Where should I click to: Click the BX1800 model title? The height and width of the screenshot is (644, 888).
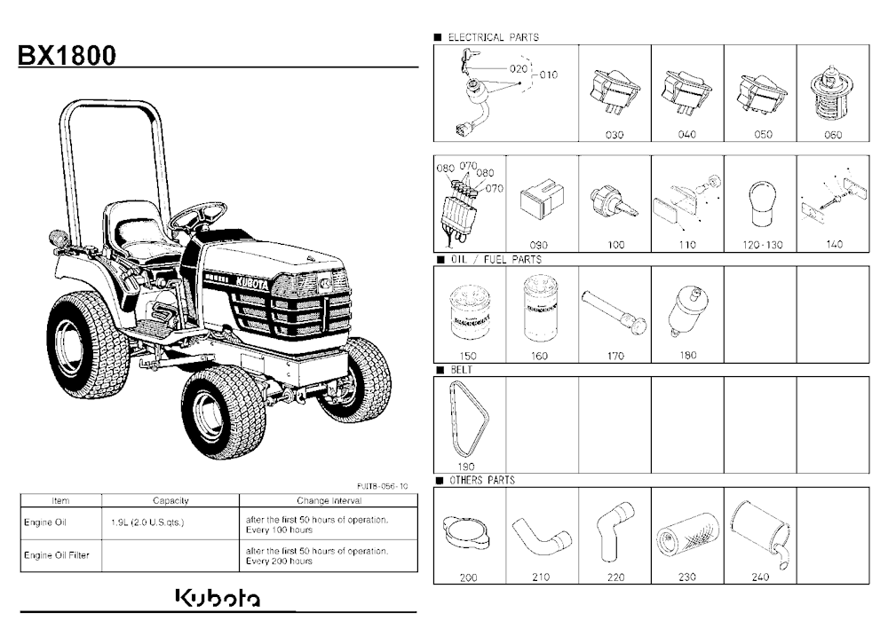click(x=67, y=56)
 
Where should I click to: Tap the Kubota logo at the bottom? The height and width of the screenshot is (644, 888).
click(x=218, y=599)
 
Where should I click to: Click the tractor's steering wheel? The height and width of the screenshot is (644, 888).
click(x=199, y=215)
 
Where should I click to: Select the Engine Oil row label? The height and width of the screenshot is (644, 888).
click(x=45, y=522)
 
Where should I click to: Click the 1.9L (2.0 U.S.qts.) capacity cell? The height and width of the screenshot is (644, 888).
click(x=147, y=522)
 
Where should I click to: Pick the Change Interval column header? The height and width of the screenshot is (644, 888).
click(x=329, y=501)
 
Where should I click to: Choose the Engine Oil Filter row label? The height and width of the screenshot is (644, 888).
click(x=57, y=555)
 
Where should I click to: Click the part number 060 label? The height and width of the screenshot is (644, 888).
click(x=833, y=135)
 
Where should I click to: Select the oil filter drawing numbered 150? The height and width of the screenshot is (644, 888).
click(x=470, y=313)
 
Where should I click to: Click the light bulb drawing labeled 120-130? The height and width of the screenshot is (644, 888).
click(x=762, y=204)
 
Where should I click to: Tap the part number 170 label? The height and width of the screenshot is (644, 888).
click(x=615, y=356)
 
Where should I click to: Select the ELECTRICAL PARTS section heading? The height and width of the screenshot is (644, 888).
click(x=493, y=37)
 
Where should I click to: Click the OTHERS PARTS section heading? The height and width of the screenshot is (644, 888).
click(x=482, y=481)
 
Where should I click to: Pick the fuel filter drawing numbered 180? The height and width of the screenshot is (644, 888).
click(x=686, y=312)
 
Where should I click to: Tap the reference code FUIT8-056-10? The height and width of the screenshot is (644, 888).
click(x=382, y=486)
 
